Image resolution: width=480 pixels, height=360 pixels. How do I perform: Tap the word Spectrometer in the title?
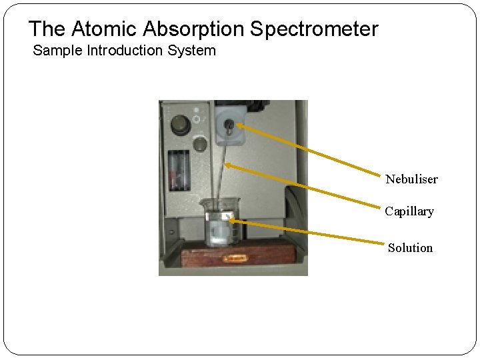314,29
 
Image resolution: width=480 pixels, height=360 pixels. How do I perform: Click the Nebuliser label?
411,179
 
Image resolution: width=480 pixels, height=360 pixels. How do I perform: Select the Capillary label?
409,211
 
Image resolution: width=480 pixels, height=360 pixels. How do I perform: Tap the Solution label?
410,247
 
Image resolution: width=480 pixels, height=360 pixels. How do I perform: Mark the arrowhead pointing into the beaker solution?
227,220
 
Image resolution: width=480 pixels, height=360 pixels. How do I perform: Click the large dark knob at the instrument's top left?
179,124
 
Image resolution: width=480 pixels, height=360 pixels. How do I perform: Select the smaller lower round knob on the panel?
199,145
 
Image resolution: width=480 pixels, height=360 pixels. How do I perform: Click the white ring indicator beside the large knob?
196,121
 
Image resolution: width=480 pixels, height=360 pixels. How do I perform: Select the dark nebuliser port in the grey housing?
228,124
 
